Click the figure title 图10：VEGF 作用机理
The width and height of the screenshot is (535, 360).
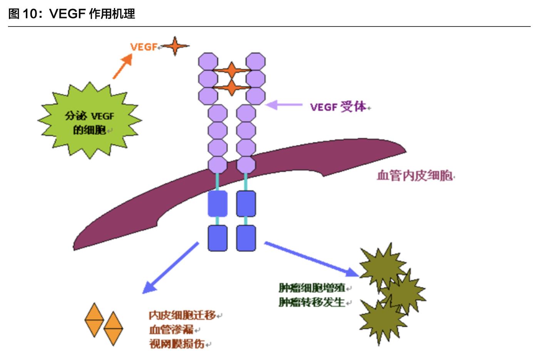[72, 14]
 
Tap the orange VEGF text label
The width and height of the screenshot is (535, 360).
[144, 47]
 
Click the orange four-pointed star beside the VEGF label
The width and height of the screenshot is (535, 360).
[175, 46]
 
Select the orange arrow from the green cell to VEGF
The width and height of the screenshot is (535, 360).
[122, 67]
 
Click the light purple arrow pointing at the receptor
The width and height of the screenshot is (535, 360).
[284, 105]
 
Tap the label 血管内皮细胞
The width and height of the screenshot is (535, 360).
[415, 176]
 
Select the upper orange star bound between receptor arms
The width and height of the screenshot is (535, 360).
[231, 70]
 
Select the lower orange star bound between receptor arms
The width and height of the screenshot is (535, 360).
[231, 87]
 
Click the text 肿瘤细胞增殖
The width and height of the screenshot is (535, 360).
[312, 288]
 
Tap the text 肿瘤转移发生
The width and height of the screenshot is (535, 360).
[312, 302]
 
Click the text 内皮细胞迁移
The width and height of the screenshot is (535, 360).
[182, 315]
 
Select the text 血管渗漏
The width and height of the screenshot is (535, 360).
[171, 330]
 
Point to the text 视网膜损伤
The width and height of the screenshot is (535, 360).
[177, 344]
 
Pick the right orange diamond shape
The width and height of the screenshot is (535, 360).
[113, 328]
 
